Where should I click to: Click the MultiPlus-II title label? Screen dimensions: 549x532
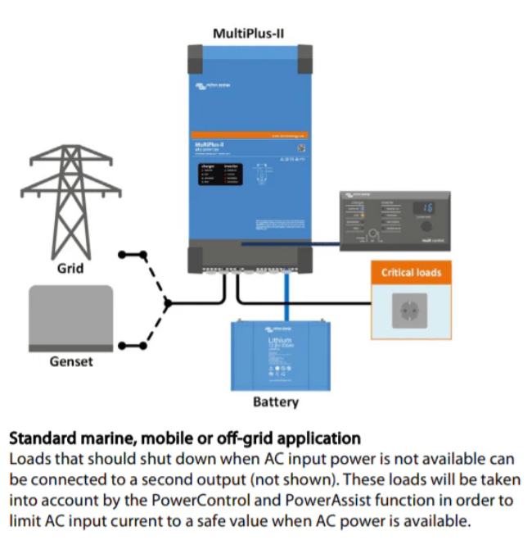248,34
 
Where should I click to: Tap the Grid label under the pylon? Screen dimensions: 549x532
71,268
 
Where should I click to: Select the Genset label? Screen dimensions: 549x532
70,361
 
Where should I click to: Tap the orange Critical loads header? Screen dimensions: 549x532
411,272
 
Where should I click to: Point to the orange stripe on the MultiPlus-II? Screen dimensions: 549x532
248,134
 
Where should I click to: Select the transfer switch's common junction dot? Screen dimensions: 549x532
168,304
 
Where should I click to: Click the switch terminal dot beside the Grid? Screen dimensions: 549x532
122,254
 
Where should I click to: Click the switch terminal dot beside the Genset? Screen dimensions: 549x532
122,346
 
